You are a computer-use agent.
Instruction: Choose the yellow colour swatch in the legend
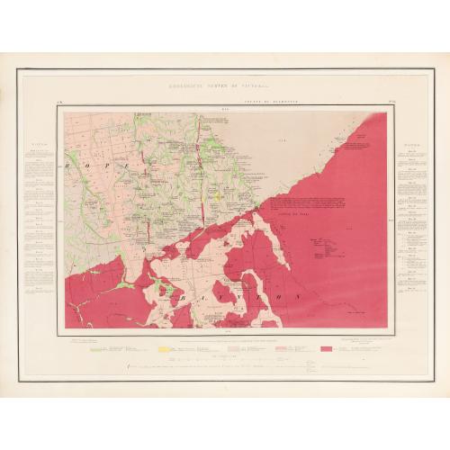point(164,347)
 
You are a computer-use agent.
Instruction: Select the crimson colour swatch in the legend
point(325,347)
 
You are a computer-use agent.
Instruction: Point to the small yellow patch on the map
point(219,193)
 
